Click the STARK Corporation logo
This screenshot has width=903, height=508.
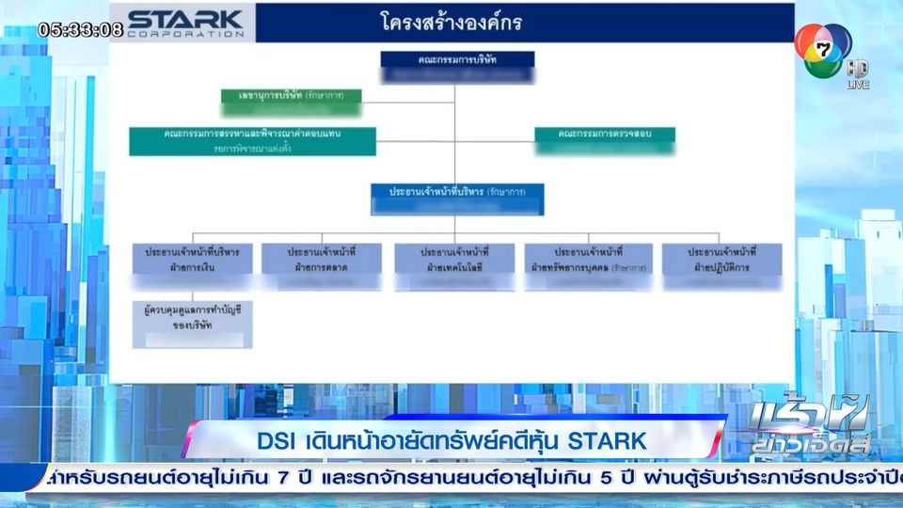pos(186,23)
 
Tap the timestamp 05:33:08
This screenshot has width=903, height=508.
pos(80,29)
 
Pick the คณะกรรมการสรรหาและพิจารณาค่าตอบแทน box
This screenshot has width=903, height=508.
pos(253,140)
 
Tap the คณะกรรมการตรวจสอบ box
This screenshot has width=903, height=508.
pos(606,140)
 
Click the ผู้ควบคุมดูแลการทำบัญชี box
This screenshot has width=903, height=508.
pos(193,323)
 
